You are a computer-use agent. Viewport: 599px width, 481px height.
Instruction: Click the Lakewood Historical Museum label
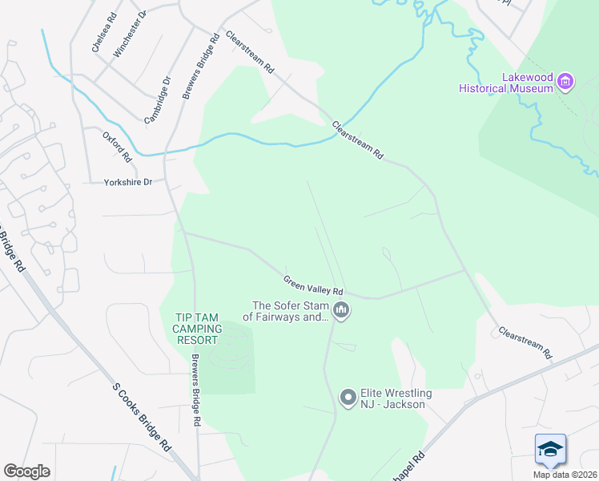(x=505, y=83)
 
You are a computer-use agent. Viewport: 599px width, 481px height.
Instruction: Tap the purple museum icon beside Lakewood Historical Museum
(x=566, y=81)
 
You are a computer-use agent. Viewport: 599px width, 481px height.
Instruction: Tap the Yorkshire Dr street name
(x=128, y=183)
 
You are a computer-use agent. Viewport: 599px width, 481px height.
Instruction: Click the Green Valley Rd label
(x=313, y=285)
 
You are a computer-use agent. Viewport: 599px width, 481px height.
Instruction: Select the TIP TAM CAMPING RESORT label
(x=196, y=329)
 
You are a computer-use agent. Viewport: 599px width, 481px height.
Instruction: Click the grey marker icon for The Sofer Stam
(x=341, y=311)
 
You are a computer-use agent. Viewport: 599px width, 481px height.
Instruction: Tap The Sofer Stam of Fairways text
(x=291, y=311)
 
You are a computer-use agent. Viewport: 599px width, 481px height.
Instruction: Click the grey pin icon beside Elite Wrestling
(x=348, y=398)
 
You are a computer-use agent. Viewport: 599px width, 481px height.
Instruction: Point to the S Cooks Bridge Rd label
(x=142, y=415)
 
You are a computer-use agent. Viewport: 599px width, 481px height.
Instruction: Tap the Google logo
(x=26, y=471)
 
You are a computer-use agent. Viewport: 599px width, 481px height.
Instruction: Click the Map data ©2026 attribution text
(x=565, y=475)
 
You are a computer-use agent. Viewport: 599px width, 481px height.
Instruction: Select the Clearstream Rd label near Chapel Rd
(x=525, y=342)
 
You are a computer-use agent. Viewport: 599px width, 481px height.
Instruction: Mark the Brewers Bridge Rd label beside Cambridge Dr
(x=201, y=67)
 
